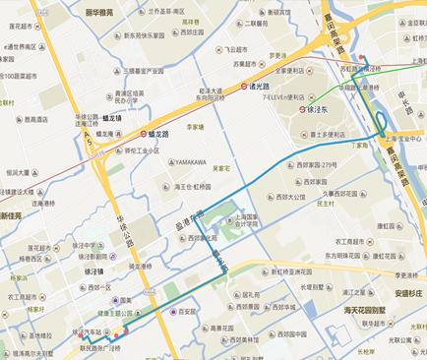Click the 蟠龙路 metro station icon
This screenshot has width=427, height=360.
pyautogui.click(x=144, y=132)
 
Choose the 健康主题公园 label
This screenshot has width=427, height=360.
pyautogui.click(x=132, y=313)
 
